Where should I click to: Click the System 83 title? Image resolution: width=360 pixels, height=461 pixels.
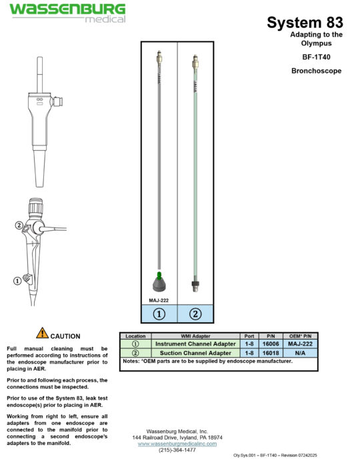pos(305,23)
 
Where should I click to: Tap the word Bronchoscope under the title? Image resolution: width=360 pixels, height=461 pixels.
pos(317,71)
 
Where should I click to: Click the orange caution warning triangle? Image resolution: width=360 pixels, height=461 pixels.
pos(42,332)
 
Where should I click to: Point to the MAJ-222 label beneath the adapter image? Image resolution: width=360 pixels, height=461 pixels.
pos(158,300)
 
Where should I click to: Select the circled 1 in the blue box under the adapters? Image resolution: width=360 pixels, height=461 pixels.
pos(159,314)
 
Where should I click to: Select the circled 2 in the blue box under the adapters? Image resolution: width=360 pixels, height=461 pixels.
pos(195,314)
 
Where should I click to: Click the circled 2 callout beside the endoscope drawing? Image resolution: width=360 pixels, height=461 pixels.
pos(19,225)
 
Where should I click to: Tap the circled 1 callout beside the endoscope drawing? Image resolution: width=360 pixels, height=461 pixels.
pos(17,281)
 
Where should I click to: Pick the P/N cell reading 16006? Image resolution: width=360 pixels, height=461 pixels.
pos(271,344)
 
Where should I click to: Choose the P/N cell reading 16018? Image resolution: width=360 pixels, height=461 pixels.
pos(271,353)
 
